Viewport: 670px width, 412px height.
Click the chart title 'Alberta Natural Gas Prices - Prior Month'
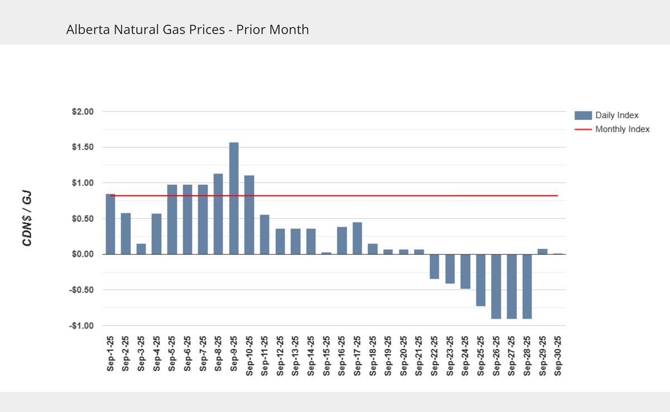pyautogui.click(x=187, y=30)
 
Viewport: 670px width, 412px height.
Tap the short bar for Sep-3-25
pyautogui.click(x=141, y=249)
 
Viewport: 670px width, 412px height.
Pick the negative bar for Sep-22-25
pyautogui.click(x=434, y=266)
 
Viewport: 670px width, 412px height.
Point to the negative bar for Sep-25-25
pyautogui.click(x=481, y=280)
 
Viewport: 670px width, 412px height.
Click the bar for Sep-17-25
pyautogui.click(x=357, y=238)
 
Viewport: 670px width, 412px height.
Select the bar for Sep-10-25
pyautogui.click(x=249, y=215)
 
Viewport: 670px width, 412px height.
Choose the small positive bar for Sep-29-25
pyautogui.click(x=542, y=251)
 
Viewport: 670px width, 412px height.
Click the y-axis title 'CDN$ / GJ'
pyautogui.click(x=27, y=219)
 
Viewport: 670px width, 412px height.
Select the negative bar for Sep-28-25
pyautogui.click(x=527, y=287)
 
